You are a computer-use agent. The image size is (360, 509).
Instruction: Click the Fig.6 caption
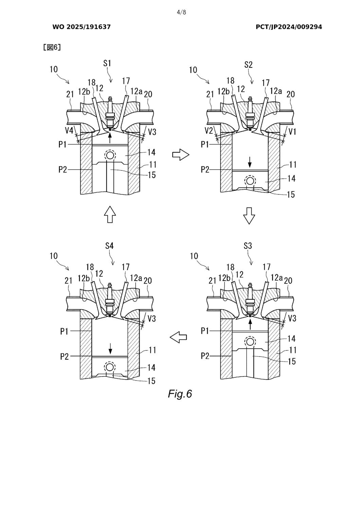click(x=180, y=394)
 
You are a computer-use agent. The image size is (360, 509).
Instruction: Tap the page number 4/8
click(x=181, y=13)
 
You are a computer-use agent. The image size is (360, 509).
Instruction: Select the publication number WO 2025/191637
click(x=82, y=27)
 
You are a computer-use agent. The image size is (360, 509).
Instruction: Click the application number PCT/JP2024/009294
click(x=289, y=27)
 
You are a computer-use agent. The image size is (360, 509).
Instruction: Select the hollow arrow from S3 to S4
click(x=178, y=337)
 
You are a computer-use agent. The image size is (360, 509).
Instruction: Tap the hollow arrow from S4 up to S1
click(x=110, y=214)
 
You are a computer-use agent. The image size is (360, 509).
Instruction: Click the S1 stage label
click(x=107, y=63)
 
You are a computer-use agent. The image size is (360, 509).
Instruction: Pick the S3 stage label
click(x=248, y=246)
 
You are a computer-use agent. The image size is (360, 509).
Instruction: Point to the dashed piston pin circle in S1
click(x=110, y=155)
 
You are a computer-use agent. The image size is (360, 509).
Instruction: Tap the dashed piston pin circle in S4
click(x=110, y=367)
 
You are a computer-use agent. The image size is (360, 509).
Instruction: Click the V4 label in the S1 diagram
click(x=69, y=131)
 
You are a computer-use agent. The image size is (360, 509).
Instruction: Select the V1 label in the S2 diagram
click(x=292, y=132)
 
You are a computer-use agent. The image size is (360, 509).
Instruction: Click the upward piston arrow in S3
click(x=250, y=324)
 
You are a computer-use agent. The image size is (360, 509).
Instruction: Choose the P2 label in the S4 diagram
click(x=65, y=356)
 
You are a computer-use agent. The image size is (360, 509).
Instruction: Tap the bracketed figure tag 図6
click(x=52, y=47)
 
